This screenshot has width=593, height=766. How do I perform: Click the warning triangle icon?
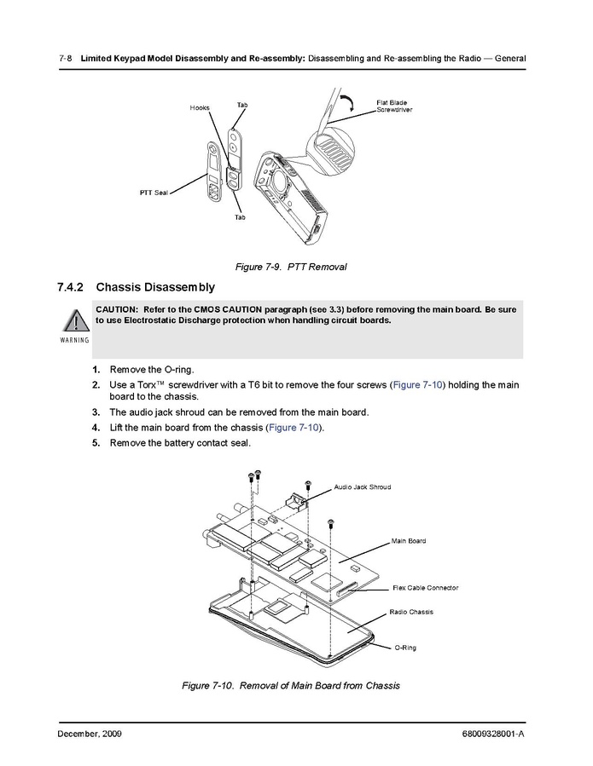73,322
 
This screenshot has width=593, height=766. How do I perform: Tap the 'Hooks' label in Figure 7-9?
200,108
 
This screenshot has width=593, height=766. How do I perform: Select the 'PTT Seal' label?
154,193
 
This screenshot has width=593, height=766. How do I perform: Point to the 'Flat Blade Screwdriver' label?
393,106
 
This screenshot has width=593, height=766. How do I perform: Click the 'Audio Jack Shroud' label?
362,487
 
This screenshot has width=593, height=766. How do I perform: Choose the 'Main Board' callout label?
408,540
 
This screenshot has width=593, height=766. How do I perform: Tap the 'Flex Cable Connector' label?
425,587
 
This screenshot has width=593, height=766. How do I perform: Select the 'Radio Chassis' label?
411,612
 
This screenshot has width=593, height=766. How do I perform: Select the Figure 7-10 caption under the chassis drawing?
291,686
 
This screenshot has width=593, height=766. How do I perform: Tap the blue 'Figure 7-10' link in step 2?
416,385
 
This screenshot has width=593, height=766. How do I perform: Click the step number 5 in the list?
96,442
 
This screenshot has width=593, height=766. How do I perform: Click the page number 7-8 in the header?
65,58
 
